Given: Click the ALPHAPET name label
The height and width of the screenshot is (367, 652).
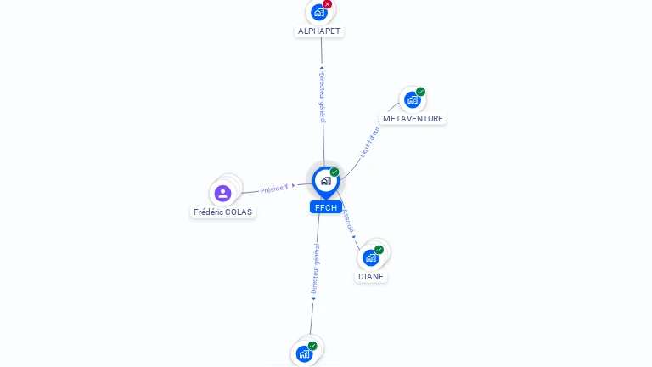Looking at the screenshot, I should click(319, 31).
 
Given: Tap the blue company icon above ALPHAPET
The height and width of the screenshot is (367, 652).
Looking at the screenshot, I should click(318, 12).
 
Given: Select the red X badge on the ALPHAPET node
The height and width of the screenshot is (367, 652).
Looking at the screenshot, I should click(328, 4).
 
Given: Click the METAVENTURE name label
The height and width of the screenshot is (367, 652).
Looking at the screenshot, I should click(413, 118).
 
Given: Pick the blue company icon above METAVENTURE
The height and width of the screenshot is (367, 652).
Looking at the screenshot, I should click(412, 99).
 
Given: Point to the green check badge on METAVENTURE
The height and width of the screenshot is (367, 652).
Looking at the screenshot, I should click(421, 92).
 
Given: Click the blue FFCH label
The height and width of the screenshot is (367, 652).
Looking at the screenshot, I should click(325, 207).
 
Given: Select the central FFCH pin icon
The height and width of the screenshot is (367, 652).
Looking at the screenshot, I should click(325, 180).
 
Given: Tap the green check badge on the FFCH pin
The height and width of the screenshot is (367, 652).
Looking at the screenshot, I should click(334, 172).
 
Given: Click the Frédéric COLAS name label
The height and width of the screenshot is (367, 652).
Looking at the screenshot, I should click(222, 212).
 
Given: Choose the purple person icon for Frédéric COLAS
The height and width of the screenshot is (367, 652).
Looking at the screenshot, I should click(222, 193).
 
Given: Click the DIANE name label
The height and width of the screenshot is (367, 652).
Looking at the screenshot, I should click(371, 276).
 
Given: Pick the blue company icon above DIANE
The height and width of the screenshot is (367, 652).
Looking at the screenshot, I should click(370, 257).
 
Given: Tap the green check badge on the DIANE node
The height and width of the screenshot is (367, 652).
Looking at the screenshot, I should click(379, 250).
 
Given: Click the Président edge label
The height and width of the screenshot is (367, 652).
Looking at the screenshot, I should click(274, 189).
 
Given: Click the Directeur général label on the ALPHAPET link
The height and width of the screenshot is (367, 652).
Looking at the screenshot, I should click(322, 95).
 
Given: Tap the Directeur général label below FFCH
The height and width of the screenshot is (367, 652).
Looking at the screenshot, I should click(315, 269).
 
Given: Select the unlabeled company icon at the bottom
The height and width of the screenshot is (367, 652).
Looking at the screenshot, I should click(304, 353).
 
